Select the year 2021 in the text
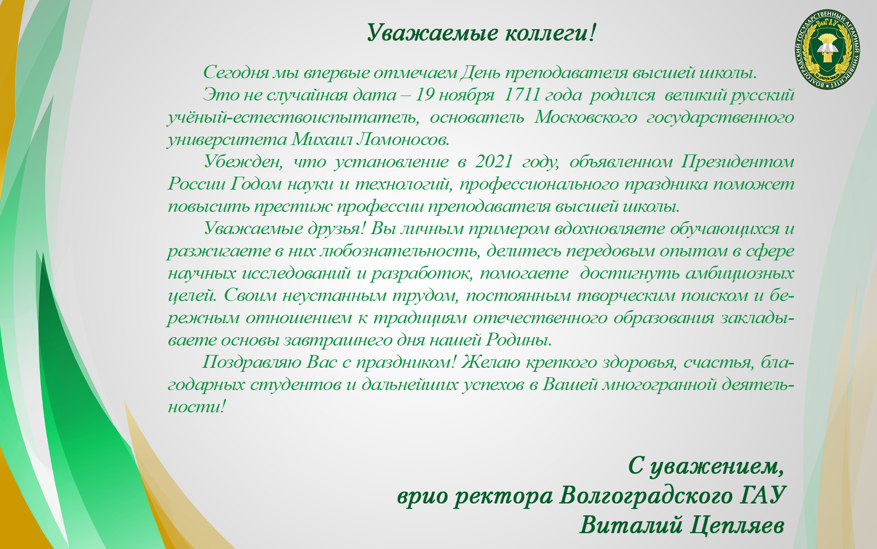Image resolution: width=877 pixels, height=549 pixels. pos(493,161)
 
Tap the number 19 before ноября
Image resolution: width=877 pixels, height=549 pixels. pos(424,95)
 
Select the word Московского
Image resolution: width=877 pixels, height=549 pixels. pos(586,117)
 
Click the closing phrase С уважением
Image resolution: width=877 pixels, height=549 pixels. pos(707,467)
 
